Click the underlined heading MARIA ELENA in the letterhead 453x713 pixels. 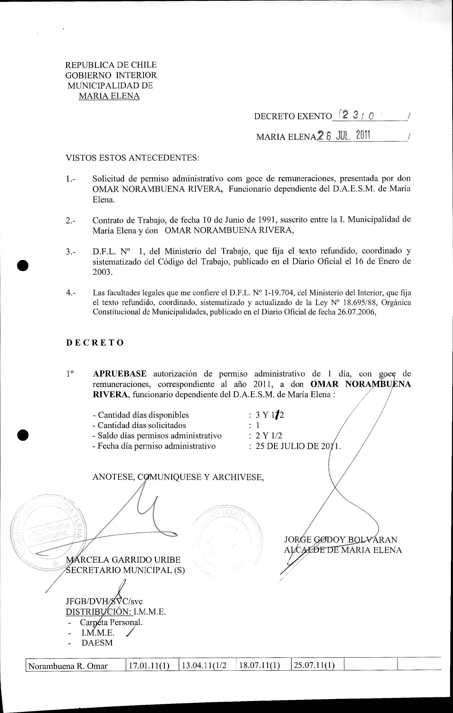(x=109, y=96)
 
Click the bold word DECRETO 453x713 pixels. (x=95, y=343)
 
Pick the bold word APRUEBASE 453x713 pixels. (x=120, y=374)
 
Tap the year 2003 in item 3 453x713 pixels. (x=102, y=272)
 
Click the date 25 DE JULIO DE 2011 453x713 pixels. (x=298, y=446)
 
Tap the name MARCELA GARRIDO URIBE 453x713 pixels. (x=123, y=560)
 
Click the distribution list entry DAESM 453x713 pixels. (x=97, y=643)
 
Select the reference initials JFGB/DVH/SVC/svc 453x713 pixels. (x=104, y=601)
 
